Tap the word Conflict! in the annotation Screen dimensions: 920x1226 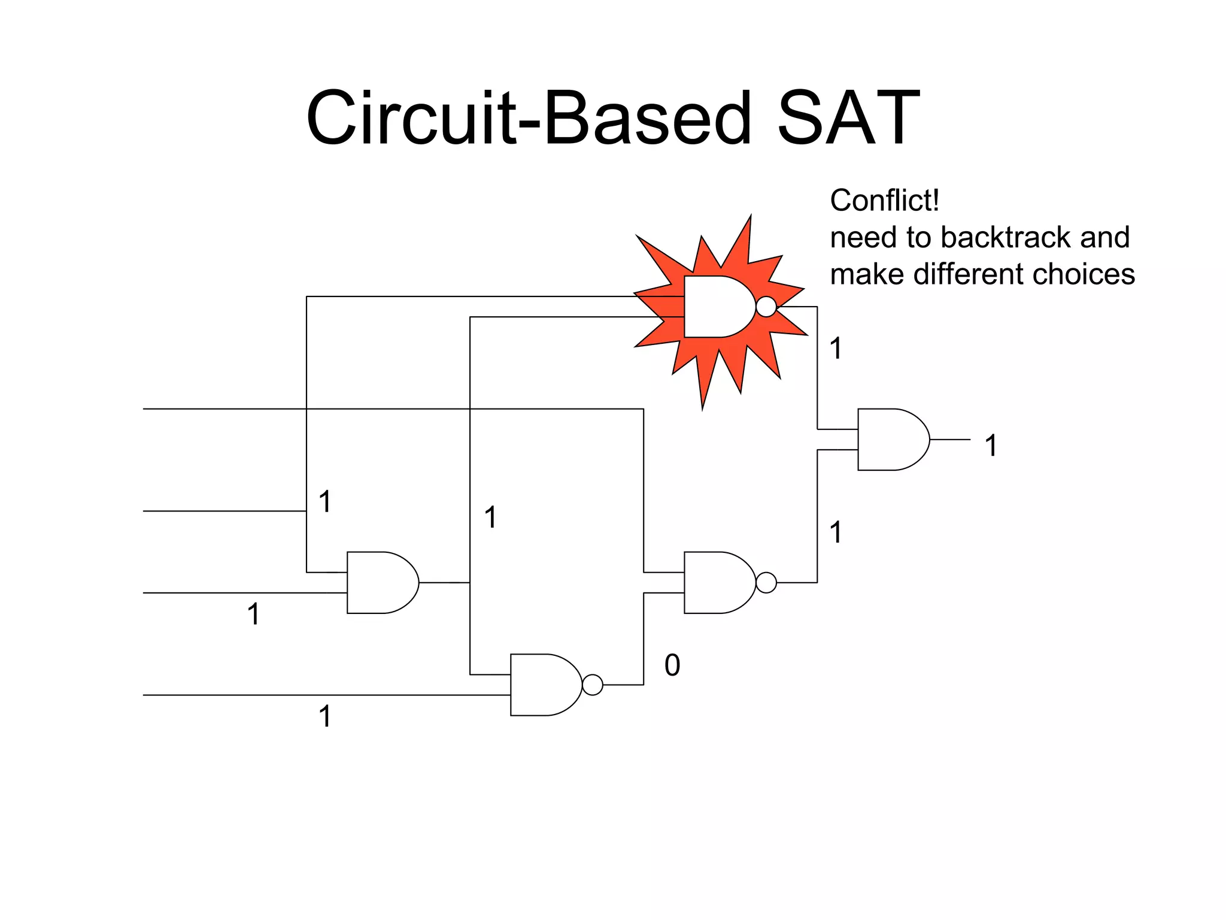point(884,200)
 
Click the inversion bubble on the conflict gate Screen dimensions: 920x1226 point(766,307)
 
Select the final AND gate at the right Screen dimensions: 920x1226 point(892,440)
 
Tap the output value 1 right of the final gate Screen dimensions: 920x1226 point(991,446)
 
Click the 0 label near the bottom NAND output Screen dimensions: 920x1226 point(672,665)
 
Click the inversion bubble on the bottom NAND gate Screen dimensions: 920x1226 point(593,685)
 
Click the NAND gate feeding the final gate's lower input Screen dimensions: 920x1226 point(718,582)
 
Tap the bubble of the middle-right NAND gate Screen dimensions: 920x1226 point(766,582)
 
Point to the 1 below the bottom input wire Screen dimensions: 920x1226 point(325,716)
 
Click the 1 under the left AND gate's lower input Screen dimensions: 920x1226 point(254,614)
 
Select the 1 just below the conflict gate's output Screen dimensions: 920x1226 point(836,348)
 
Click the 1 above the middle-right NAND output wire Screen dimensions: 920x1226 point(836,532)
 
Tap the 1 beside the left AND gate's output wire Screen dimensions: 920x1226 point(490,517)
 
